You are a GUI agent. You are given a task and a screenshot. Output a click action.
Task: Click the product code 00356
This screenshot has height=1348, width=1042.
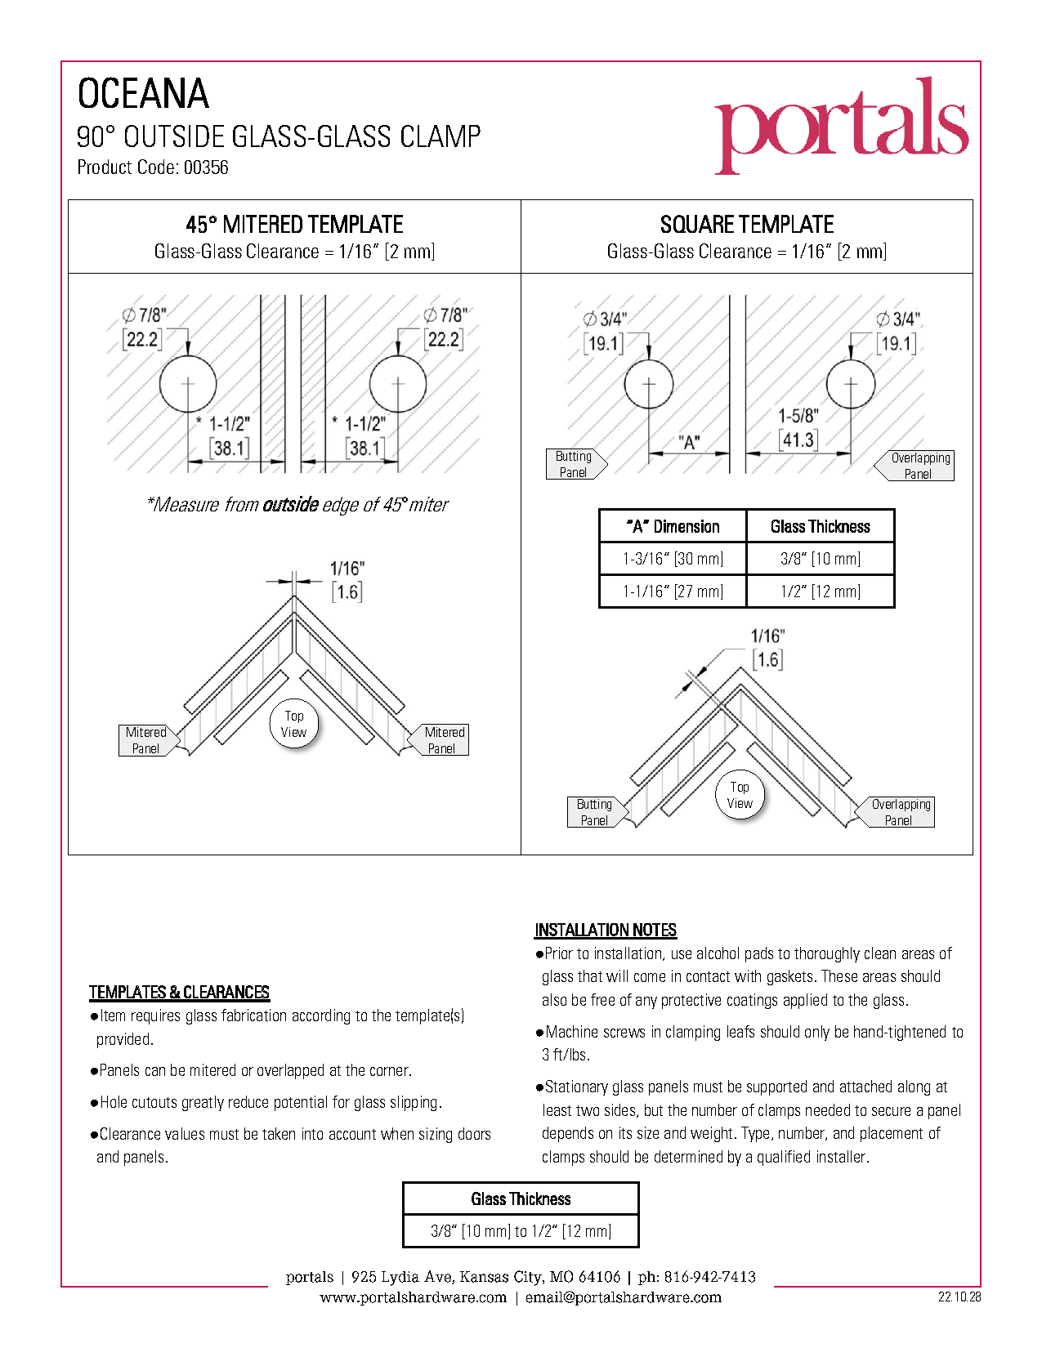point(206,167)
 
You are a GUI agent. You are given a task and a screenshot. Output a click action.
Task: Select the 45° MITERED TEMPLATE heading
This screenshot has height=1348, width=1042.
point(294,225)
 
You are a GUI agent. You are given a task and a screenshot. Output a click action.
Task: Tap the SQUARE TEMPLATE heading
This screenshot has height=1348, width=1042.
point(746,225)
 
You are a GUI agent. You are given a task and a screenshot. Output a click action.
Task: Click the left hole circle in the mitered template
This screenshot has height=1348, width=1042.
point(188,383)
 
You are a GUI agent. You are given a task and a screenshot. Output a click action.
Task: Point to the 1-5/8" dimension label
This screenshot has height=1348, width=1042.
point(798,416)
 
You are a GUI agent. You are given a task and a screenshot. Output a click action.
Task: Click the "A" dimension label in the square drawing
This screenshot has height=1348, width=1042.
point(690,443)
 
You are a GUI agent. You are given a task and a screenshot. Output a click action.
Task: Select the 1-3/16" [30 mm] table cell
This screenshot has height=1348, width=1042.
point(673,559)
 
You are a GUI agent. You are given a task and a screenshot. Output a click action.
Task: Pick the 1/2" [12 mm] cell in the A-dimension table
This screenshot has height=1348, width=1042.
point(820,591)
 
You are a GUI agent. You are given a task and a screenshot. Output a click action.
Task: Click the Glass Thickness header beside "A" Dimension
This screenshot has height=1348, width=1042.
point(820,527)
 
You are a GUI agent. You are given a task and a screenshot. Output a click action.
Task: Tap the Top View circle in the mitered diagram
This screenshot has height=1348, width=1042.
point(293,724)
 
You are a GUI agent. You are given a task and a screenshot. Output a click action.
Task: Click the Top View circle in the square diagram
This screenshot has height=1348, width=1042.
point(740,795)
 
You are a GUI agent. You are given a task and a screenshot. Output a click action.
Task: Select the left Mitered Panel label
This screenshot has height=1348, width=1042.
point(146,740)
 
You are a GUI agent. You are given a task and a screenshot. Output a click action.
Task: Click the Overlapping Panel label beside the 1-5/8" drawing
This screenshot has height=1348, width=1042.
point(919,466)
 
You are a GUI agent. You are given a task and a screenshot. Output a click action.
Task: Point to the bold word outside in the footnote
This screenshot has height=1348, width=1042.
point(290,505)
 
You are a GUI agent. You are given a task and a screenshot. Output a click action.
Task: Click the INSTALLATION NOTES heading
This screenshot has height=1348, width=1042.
point(606,930)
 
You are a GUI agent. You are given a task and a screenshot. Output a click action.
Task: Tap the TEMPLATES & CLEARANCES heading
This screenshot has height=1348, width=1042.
point(179,993)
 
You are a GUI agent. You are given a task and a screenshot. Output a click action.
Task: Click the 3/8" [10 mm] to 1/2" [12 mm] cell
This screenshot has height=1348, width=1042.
point(521,1231)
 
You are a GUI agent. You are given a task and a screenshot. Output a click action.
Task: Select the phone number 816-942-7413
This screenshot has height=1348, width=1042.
point(709,1277)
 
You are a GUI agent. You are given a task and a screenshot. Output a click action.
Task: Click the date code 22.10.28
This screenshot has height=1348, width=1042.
point(959,1297)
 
